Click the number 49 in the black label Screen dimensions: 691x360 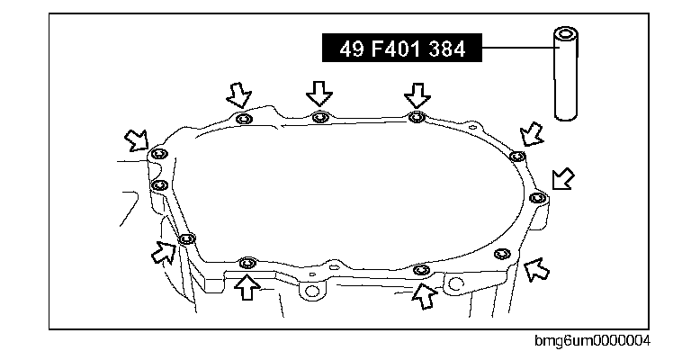(x=352, y=49)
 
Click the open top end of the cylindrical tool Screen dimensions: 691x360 (x=566, y=33)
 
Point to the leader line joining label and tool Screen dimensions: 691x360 (x=518, y=47)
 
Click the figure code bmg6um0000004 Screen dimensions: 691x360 (x=592, y=340)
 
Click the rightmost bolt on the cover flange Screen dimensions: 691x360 (x=537, y=197)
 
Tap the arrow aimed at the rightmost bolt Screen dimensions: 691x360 (x=562, y=179)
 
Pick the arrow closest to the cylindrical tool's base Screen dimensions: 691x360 (x=532, y=134)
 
